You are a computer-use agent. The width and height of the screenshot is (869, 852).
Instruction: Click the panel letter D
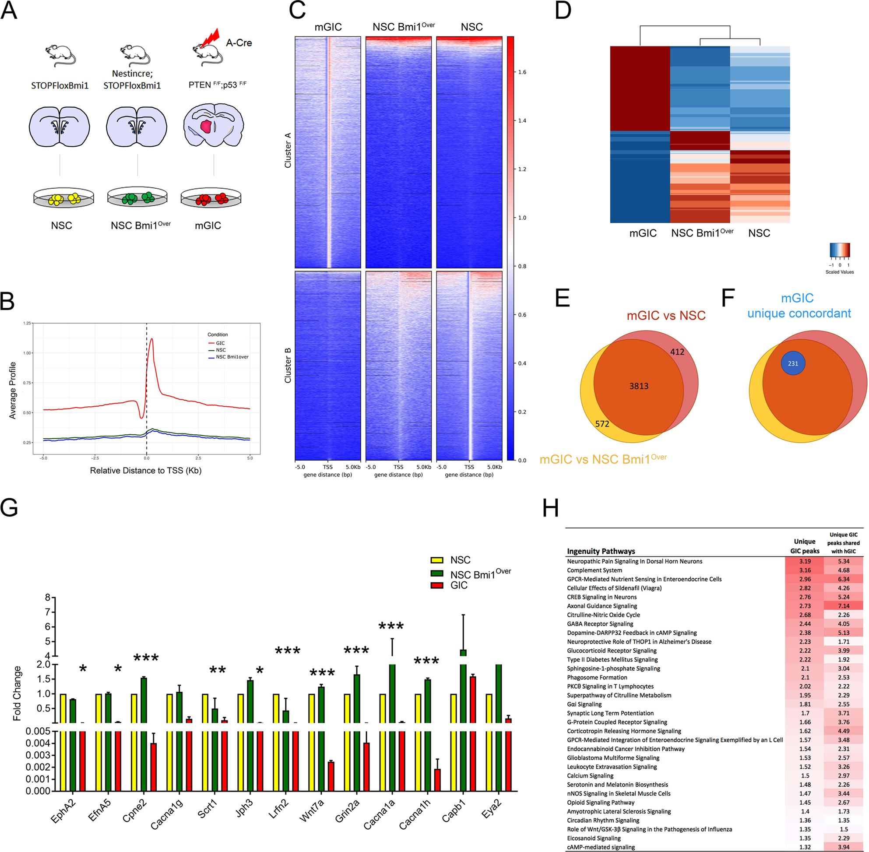[563, 11]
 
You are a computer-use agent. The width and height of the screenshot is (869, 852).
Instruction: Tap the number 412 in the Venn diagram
[677, 352]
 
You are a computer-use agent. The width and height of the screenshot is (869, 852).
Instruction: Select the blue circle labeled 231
[793, 363]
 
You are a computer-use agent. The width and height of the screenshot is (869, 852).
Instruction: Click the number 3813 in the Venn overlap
[639, 386]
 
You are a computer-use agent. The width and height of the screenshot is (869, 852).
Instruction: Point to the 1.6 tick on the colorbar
[522, 72]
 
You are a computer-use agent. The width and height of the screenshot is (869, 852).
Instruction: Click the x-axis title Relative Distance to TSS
[145, 470]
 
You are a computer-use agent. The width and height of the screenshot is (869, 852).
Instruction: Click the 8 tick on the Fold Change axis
[48, 597]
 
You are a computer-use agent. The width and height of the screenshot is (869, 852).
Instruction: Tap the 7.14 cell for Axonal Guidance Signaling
[844, 606]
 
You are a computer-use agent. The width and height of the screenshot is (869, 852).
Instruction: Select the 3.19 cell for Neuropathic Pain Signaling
[805, 561]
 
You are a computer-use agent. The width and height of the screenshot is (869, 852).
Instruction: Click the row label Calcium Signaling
[590, 775]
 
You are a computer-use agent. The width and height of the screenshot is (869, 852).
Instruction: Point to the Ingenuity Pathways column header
[601, 551]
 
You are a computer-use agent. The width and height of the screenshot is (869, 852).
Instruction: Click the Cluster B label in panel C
[288, 365]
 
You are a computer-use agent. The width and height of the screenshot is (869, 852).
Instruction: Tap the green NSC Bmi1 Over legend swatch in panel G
[436, 574]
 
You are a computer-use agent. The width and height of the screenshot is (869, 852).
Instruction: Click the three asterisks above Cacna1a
[391, 626]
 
